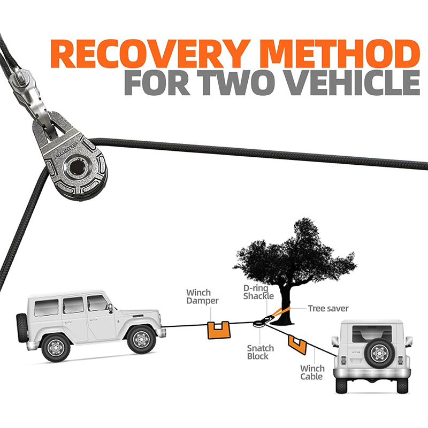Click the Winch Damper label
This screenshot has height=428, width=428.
(202, 296)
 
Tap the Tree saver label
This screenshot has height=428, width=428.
(328, 308)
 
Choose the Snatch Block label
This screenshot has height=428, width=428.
(260, 352)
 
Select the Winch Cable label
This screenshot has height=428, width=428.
(312, 372)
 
